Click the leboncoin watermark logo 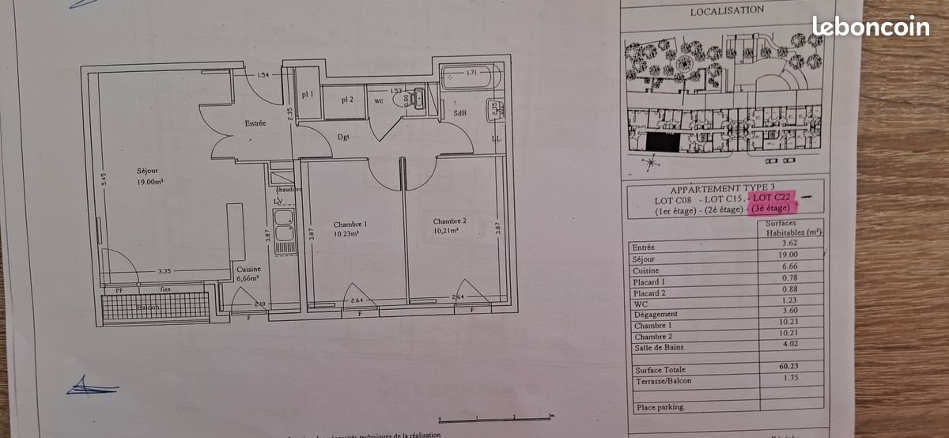point(871,27)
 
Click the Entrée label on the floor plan point(255,123)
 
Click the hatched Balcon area point(155,306)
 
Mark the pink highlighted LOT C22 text point(772,197)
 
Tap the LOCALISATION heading point(727,11)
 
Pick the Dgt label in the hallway point(343,137)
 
